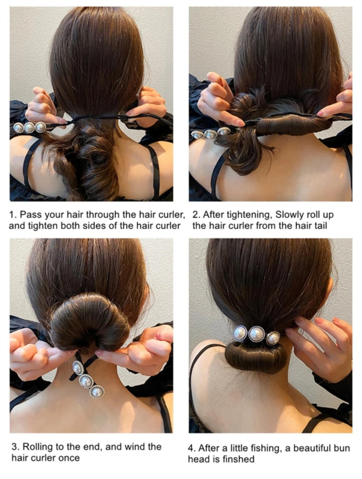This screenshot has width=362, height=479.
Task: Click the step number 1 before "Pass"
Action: pyautogui.click(x=12, y=215)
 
